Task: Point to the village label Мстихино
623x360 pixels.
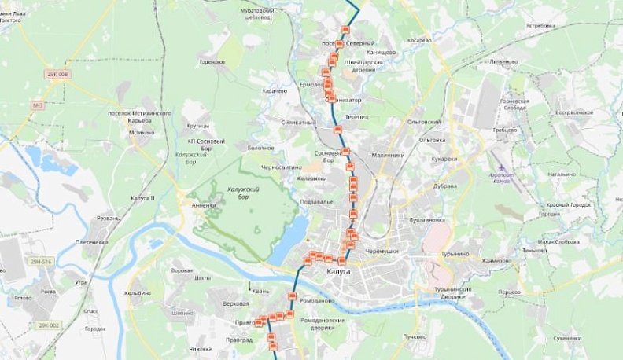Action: (x=142, y=132)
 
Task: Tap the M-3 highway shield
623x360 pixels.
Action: (x=38, y=105)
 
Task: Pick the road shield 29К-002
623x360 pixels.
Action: (x=50, y=324)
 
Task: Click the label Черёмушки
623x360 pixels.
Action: (x=383, y=250)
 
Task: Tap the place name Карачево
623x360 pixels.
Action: (x=276, y=90)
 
